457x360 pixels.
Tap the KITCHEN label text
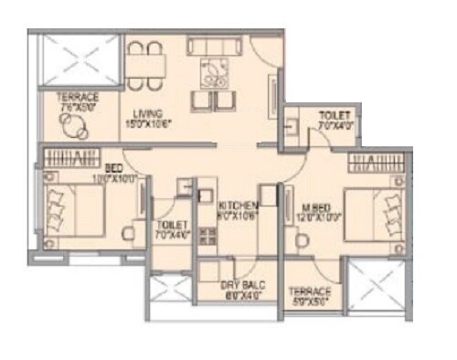238,206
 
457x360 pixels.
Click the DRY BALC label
241,285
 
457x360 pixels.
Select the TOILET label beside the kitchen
172,224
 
